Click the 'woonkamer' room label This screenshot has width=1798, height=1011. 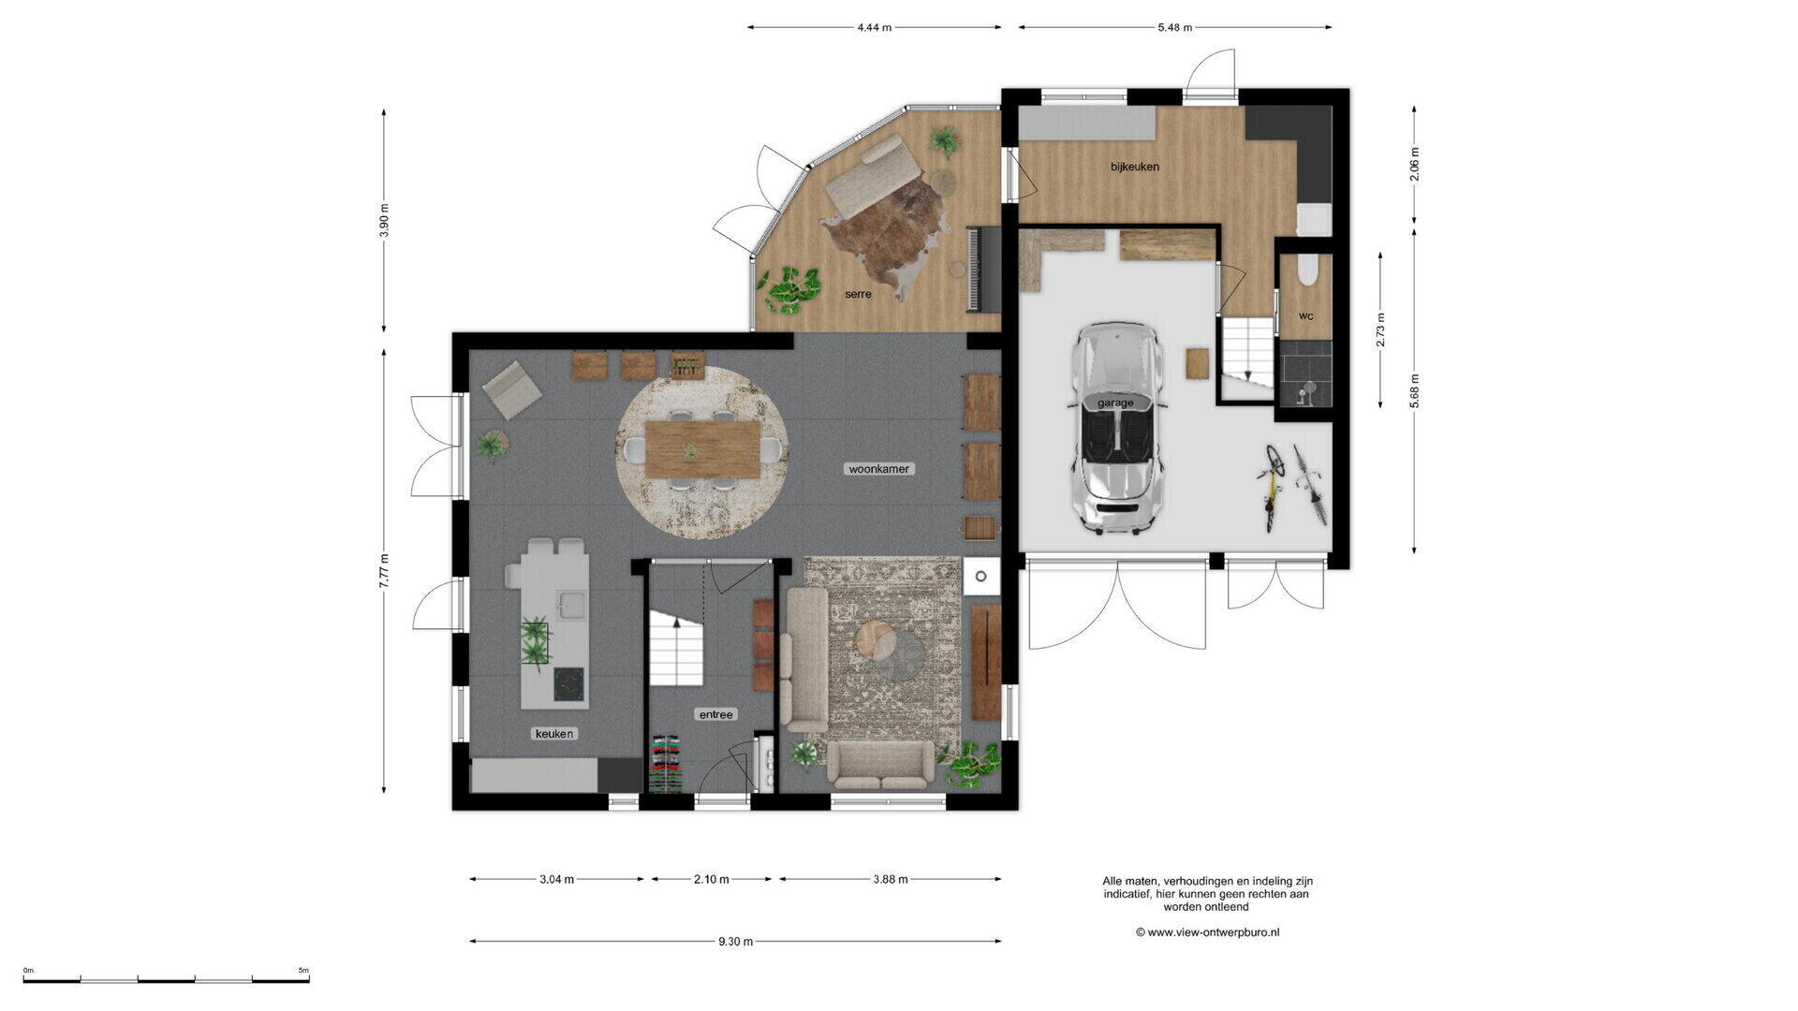tap(878, 469)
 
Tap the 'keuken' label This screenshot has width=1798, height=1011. tap(554, 734)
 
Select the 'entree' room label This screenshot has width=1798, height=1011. tap(715, 714)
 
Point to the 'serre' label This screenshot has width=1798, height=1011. tap(858, 294)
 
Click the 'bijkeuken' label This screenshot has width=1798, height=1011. tap(1135, 167)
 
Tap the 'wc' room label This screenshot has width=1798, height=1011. tap(1305, 316)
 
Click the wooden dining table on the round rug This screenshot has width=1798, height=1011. tap(703, 449)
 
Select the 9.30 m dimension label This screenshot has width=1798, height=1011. tap(736, 942)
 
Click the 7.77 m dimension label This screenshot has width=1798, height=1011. tap(384, 571)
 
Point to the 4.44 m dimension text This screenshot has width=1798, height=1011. tap(875, 27)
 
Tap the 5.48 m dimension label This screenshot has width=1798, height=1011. tap(1175, 27)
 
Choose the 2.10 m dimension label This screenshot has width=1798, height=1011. tap(712, 879)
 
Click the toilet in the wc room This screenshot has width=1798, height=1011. tap(1307, 270)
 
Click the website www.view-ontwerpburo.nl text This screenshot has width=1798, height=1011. tap(1208, 932)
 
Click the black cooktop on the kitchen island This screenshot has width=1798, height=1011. tap(570, 683)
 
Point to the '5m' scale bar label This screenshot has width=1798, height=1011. tap(303, 971)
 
